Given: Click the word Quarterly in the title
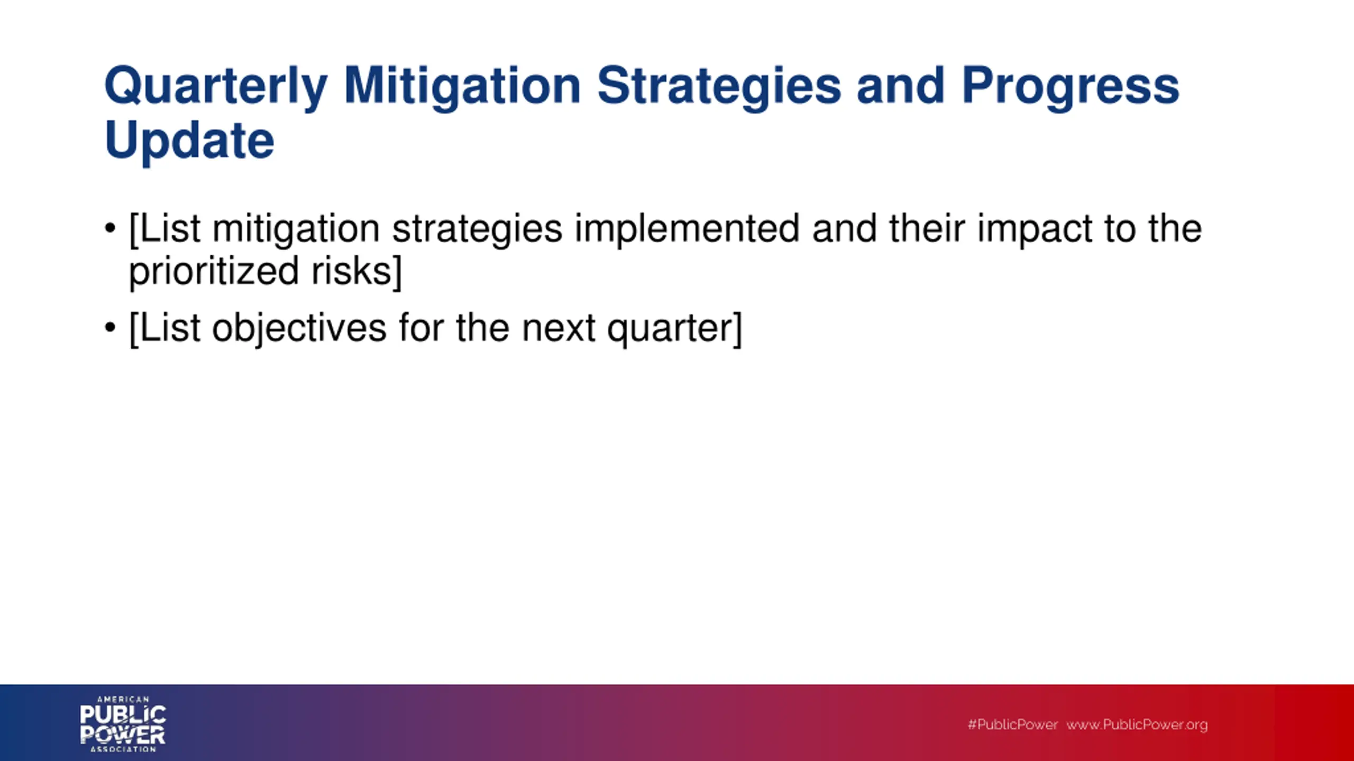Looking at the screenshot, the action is click(x=216, y=88).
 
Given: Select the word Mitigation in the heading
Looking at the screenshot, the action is click(x=462, y=88).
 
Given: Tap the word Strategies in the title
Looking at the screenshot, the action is click(x=719, y=88).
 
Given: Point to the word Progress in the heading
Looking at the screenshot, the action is click(x=1071, y=88).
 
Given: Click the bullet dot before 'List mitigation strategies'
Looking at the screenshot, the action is click(x=110, y=228).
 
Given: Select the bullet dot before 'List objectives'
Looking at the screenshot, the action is click(x=110, y=328).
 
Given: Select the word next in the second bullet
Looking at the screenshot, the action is click(x=559, y=329).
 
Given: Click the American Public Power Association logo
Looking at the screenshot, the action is click(x=123, y=723).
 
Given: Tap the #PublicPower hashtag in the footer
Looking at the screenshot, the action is click(x=1012, y=725).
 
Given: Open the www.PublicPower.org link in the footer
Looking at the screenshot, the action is click(x=1137, y=725).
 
